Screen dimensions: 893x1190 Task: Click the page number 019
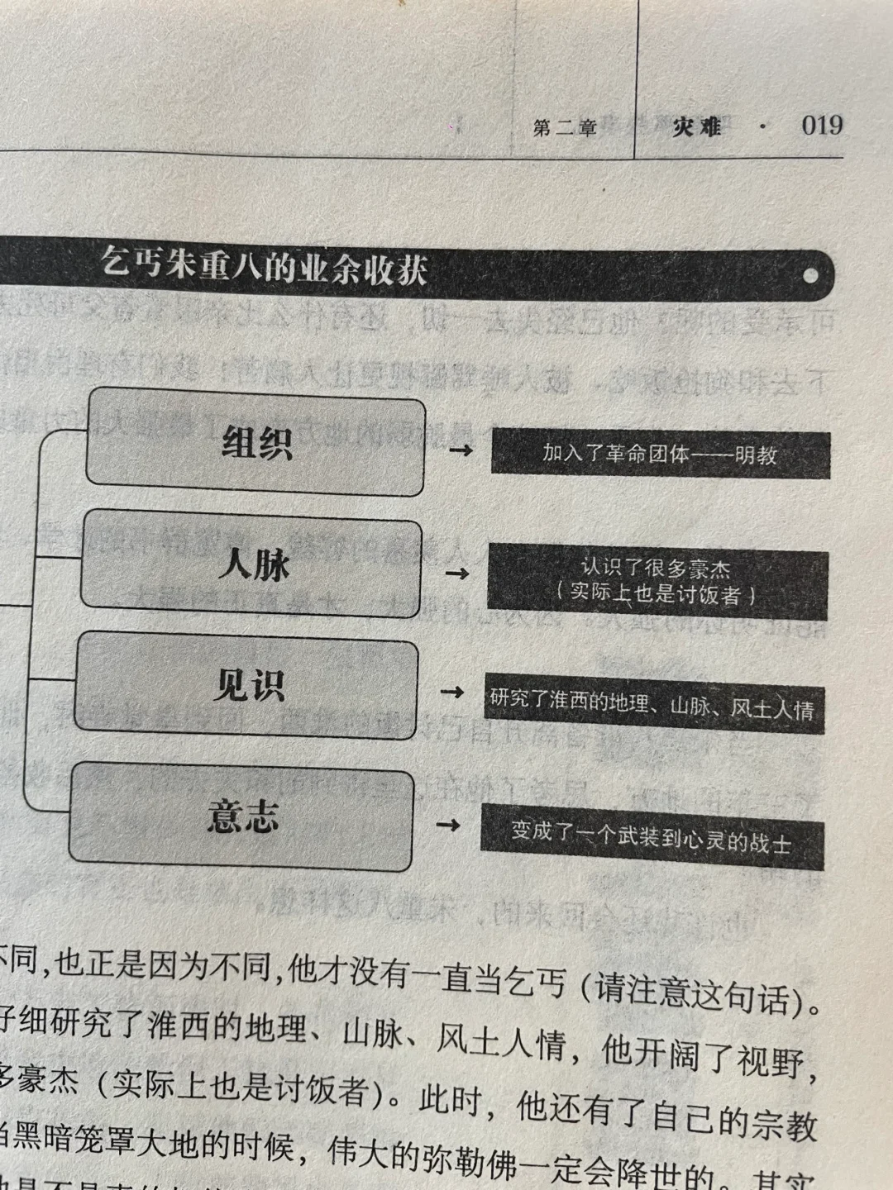(x=821, y=126)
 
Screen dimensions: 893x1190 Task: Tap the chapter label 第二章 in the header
(x=565, y=128)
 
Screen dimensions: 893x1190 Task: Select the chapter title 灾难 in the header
(x=696, y=127)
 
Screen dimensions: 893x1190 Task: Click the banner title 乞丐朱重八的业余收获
(x=264, y=266)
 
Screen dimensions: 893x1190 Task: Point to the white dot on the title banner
(x=810, y=275)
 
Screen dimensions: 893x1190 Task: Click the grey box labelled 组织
(x=256, y=443)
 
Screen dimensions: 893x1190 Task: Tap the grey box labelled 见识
(x=248, y=686)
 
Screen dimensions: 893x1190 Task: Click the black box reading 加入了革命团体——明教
(x=660, y=454)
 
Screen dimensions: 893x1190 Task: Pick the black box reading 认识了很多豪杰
(x=657, y=582)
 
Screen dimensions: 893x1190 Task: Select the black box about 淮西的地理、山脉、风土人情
(x=652, y=704)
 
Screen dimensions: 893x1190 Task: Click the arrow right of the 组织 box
(x=461, y=450)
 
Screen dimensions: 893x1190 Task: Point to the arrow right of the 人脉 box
(x=456, y=573)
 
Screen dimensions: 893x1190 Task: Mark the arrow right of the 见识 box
(x=452, y=692)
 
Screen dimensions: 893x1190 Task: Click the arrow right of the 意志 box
(x=447, y=824)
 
